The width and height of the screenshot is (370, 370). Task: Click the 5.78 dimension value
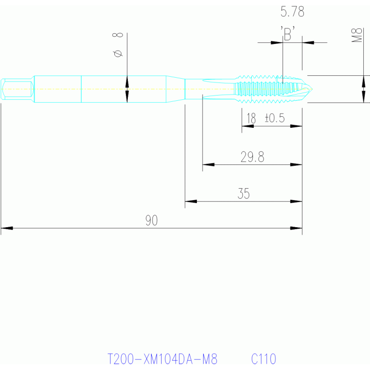(x=292, y=12)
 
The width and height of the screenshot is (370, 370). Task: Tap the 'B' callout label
(x=288, y=34)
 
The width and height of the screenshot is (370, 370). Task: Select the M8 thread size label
(x=356, y=35)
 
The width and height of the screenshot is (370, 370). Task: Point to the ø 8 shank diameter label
(x=118, y=45)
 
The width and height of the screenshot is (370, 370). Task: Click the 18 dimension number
(x=251, y=118)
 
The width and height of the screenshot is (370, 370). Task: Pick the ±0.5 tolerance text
(x=274, y=118)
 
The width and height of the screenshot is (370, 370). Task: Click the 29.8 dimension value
(x=252, y=157)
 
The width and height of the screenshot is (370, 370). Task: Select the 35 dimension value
(x=244, y=194)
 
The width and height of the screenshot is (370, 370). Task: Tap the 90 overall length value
(x=151, y=220)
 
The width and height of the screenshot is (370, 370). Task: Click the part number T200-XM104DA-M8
(x=163, y=359)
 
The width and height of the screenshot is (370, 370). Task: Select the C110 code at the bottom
(x=263, y=359)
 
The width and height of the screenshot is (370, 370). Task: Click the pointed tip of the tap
(x=312, y=89)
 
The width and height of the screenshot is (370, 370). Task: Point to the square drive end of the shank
(x=17, y=89)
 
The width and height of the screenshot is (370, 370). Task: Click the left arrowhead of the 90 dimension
(x=7, y=228)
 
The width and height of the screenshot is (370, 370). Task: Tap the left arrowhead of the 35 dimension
(x=191, y=202)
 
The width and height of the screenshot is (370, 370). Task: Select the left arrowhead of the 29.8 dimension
(x=208, y=164)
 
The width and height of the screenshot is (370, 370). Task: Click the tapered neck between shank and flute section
(x=176, y=89)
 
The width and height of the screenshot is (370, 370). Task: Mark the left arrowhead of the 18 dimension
(x=248, y=126)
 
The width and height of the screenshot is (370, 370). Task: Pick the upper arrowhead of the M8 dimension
(x=364, y=82)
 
